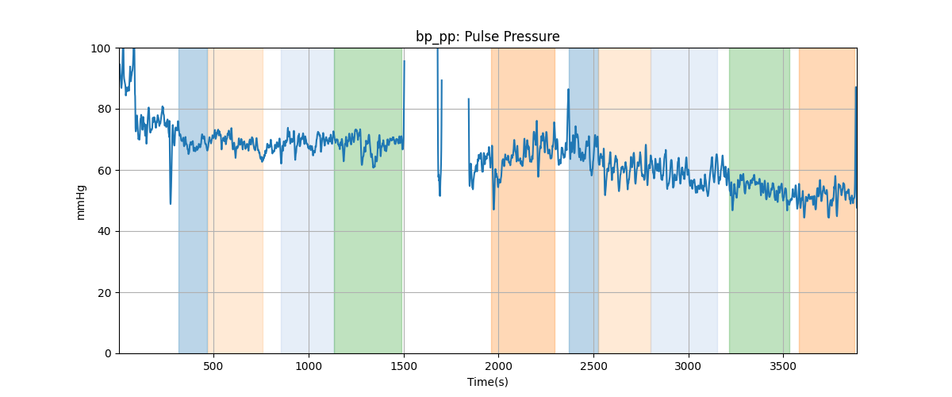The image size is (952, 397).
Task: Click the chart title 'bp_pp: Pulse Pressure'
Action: point(487,37)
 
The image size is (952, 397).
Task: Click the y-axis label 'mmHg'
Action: point(80,201)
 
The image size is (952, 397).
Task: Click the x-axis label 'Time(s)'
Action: point(488,382)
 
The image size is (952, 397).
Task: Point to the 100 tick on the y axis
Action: point(104,48)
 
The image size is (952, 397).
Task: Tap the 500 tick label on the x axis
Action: point(213,367)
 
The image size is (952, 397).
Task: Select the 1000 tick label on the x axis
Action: point(309,367)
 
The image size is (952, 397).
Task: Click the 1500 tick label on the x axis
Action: point(404,367)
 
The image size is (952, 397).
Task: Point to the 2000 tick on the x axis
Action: point(498,367)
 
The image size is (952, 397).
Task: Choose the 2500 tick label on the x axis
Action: point(593,367)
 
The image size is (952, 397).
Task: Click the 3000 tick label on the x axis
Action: point(689,367)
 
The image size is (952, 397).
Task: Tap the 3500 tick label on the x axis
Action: point(783,367)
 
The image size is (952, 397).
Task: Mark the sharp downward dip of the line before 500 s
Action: point(171,203)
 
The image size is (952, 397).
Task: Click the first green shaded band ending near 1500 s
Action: point(368,238)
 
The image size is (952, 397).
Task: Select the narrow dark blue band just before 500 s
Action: point(193,238)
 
